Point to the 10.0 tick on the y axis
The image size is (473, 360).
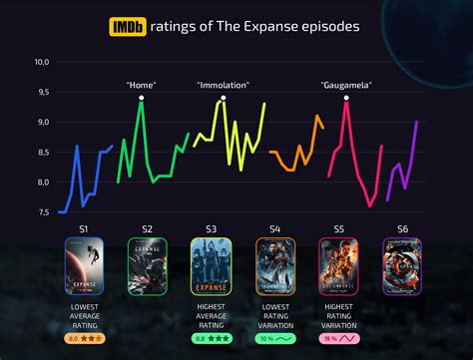pos(42,62)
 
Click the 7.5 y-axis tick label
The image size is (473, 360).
pos(42,212)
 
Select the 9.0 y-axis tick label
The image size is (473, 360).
pos(42,122)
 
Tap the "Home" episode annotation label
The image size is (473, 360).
pos(142,86)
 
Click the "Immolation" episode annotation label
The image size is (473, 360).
pos(222,86)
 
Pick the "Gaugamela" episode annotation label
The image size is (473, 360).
pos(346,86)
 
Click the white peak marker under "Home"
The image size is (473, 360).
pos(142,98)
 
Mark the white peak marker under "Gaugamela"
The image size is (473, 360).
pos(346,98)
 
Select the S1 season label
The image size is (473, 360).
pos(83,229)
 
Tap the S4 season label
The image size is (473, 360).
pos(274,229)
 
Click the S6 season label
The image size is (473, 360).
pos(402,229)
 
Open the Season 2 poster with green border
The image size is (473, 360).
pos(147,266)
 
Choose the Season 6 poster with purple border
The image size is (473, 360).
pos(402,266)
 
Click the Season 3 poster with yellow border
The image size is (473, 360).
pos(211,266)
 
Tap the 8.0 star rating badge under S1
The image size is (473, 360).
pos(84,338)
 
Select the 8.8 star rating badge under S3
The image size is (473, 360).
pos(212,338)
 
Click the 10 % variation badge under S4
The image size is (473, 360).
pos(274,338)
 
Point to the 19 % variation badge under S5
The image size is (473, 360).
pos(338,338)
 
